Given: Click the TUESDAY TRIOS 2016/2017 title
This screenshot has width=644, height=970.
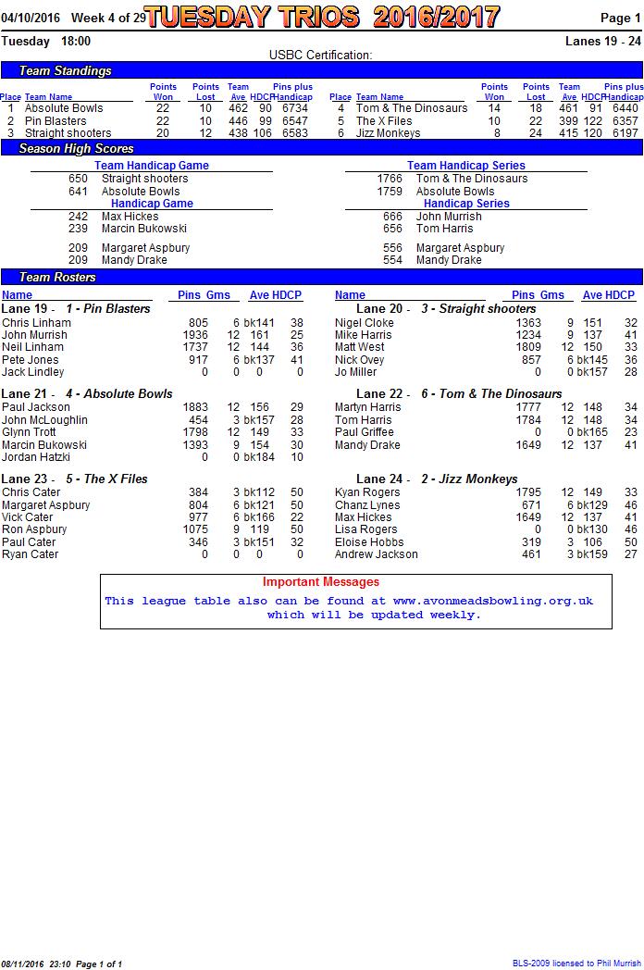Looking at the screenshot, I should tap(322, 17).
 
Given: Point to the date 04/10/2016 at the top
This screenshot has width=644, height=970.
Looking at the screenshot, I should tap(31, 18).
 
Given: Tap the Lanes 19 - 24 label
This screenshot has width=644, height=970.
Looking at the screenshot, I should tap(602, 41).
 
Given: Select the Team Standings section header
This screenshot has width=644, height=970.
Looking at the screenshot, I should tap(65, 71).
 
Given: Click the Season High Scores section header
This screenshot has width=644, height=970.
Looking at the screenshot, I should tap(76, 148).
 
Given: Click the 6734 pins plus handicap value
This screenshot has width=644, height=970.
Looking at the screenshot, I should tap(295, 108).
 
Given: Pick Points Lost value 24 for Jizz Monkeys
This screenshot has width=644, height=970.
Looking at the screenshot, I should tap(536, 133).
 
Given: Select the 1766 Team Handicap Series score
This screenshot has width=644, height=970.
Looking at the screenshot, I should tap(390, 179).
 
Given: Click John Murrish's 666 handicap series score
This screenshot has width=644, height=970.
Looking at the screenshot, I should tap(392, 217).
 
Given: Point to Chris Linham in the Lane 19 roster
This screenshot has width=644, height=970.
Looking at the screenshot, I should tap(36, 323).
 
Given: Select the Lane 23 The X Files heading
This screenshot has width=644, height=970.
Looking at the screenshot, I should tap(75, 479).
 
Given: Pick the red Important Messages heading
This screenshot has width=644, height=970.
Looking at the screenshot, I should tap(321, 582).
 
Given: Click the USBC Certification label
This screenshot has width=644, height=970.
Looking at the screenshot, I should tap(320, 56).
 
